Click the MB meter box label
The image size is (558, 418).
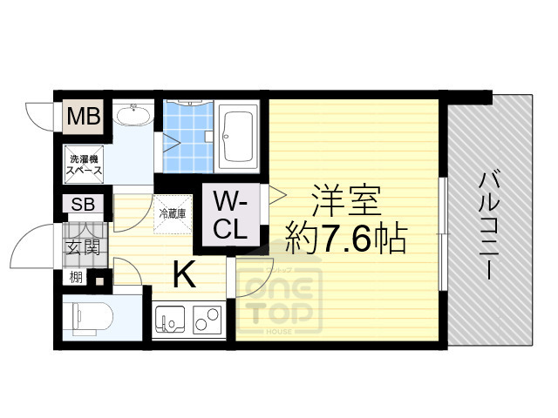[x=84, y=115]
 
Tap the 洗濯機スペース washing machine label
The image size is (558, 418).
[x=84, y=165]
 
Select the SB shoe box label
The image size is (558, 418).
[x=84, y=206]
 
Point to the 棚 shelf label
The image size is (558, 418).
[x=76, y=279]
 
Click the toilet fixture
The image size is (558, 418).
[x=87, y=317]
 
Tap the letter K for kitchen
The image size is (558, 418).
[x=184, y=275]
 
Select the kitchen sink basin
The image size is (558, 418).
[x=171, y=321]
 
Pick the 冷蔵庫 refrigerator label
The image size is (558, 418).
[x=171, y=212]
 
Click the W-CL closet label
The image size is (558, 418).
[x=232, y=216]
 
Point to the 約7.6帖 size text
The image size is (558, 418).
[x=346, y=236]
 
